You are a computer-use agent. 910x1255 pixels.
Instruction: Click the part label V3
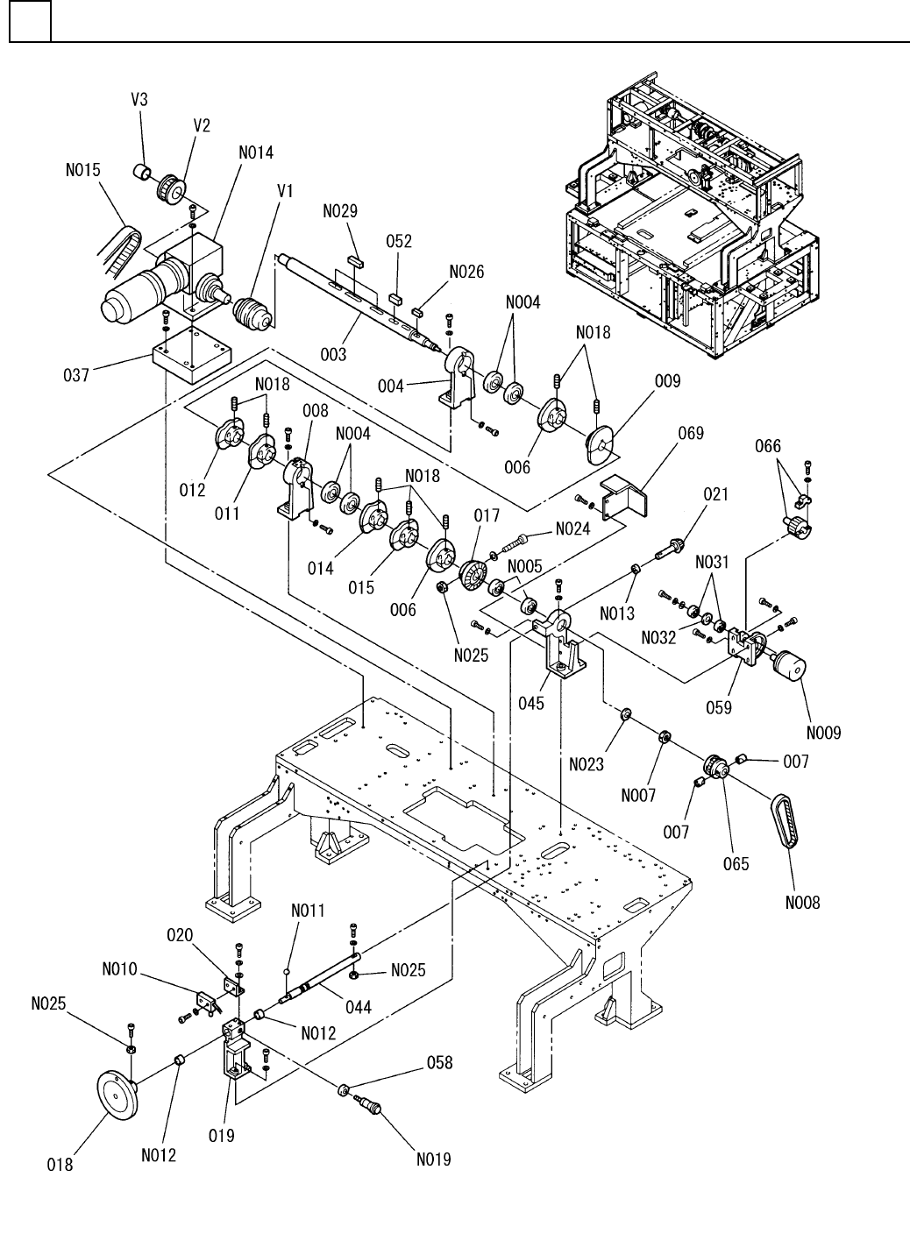click(139, 99)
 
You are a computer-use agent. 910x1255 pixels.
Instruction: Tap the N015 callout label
click(83, 170)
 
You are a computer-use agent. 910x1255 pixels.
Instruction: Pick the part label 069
click(691, 434)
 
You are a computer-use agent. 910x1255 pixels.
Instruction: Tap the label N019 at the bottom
click(434, 1159)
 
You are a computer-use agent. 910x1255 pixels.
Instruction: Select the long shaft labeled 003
click(359, 303)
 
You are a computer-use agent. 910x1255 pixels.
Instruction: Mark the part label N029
click(339, 211)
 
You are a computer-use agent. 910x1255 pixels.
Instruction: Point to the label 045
click(531, 702)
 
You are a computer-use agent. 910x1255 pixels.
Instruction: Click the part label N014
click(256, 152)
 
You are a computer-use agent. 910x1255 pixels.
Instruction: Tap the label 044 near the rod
click(358, 1008)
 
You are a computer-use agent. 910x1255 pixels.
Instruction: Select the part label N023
click(586, 764)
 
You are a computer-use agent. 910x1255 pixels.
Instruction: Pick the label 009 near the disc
click(667, 381)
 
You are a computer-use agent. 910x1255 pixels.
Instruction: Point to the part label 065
click(736, 863)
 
